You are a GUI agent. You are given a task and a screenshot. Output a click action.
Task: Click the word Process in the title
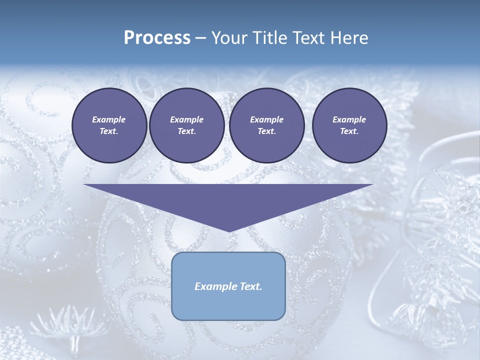(x=157, y=38)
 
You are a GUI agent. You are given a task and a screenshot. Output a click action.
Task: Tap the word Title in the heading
(x=265, y=38)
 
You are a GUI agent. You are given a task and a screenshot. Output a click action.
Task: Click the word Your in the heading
(x=229, y=38)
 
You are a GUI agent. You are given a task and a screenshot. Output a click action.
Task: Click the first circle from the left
(x=109, y=125)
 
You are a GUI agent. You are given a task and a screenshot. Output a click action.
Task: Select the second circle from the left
(x=186, y=125)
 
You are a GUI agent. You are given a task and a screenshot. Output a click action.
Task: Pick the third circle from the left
(x=266, y=125)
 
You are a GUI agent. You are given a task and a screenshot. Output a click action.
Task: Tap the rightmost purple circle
(x=349, y=125)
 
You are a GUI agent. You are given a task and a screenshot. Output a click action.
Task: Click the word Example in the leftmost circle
(x=109, y=119)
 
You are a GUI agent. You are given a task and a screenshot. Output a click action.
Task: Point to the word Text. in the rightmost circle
(x=349, y=131)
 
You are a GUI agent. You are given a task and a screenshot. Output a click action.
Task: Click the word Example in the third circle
(x=266, y=119)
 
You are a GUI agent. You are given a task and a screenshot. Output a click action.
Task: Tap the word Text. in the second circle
(x=186, y=131)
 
